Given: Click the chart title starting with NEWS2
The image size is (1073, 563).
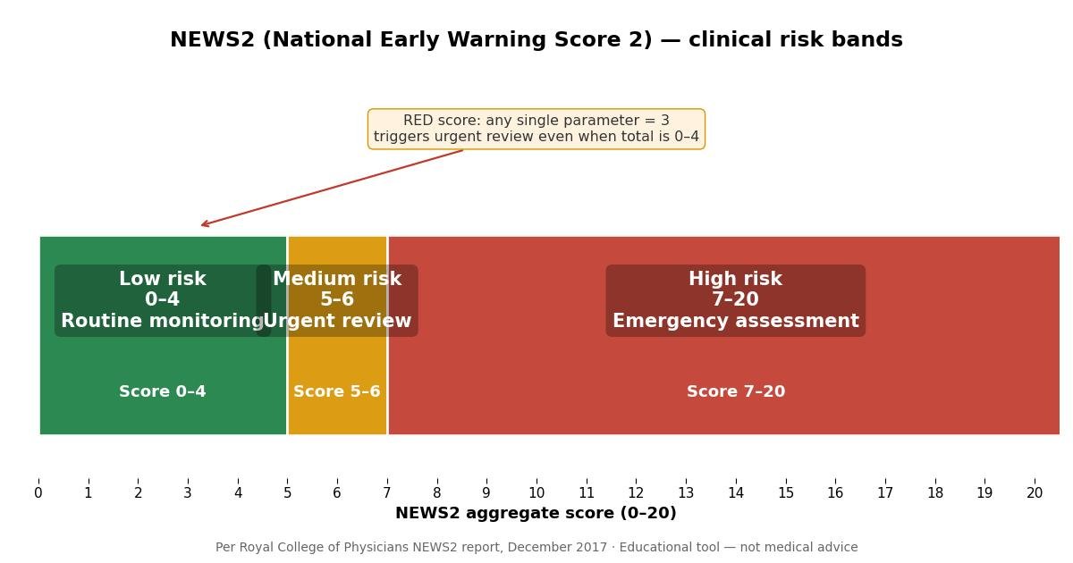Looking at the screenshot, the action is pos(536,39).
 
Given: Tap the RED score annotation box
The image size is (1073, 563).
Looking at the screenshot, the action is pos(536,129).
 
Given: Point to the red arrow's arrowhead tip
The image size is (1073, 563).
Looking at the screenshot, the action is pos(201,225).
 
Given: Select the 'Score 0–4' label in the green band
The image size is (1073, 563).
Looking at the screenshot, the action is pos(163,391).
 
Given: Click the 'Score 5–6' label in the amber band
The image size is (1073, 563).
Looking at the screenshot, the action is pos(337,391).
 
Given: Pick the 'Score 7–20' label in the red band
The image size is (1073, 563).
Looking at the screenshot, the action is pos(736,391).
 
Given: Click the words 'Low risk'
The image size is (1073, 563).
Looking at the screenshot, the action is pos(163,278).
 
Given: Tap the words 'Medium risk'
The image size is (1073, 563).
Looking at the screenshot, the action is pos(337,278).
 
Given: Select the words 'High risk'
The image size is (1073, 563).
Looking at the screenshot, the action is pos(736,278).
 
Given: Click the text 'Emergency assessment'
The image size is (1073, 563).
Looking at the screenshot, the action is pos(736,320).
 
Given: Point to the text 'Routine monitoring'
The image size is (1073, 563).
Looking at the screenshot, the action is pos(163,320).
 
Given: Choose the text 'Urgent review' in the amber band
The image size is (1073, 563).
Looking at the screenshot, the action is pos(337,320).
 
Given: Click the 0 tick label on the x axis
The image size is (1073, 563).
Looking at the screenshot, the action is pos(38,492).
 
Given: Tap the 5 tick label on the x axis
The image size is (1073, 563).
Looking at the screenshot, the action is pos(287,492).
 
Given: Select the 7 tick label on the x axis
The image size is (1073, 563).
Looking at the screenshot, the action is pos(387,492).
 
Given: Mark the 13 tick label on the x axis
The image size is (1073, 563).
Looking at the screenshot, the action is pos(686,492).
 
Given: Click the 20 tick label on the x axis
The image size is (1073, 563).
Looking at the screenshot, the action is pos(1035,492).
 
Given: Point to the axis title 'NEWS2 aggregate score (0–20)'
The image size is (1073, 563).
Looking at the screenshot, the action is pos(536,513).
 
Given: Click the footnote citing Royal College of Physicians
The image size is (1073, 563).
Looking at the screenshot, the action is pos(536,547).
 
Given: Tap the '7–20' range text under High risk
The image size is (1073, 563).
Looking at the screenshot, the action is pos(736,299).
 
